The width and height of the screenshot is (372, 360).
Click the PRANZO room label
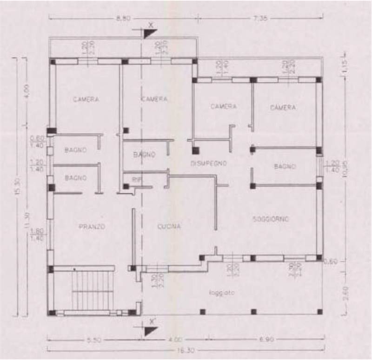(x=92, y=227)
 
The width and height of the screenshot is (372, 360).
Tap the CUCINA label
(x=169, y=227)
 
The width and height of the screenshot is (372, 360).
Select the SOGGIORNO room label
(x=271, y=219)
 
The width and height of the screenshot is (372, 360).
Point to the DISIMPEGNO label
(x=208, y=164)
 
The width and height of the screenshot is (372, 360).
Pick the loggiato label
(x=221, y=293)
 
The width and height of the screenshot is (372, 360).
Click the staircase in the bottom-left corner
(x=93, y=288)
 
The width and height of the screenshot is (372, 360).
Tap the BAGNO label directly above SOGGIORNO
(x=283, y=166)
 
